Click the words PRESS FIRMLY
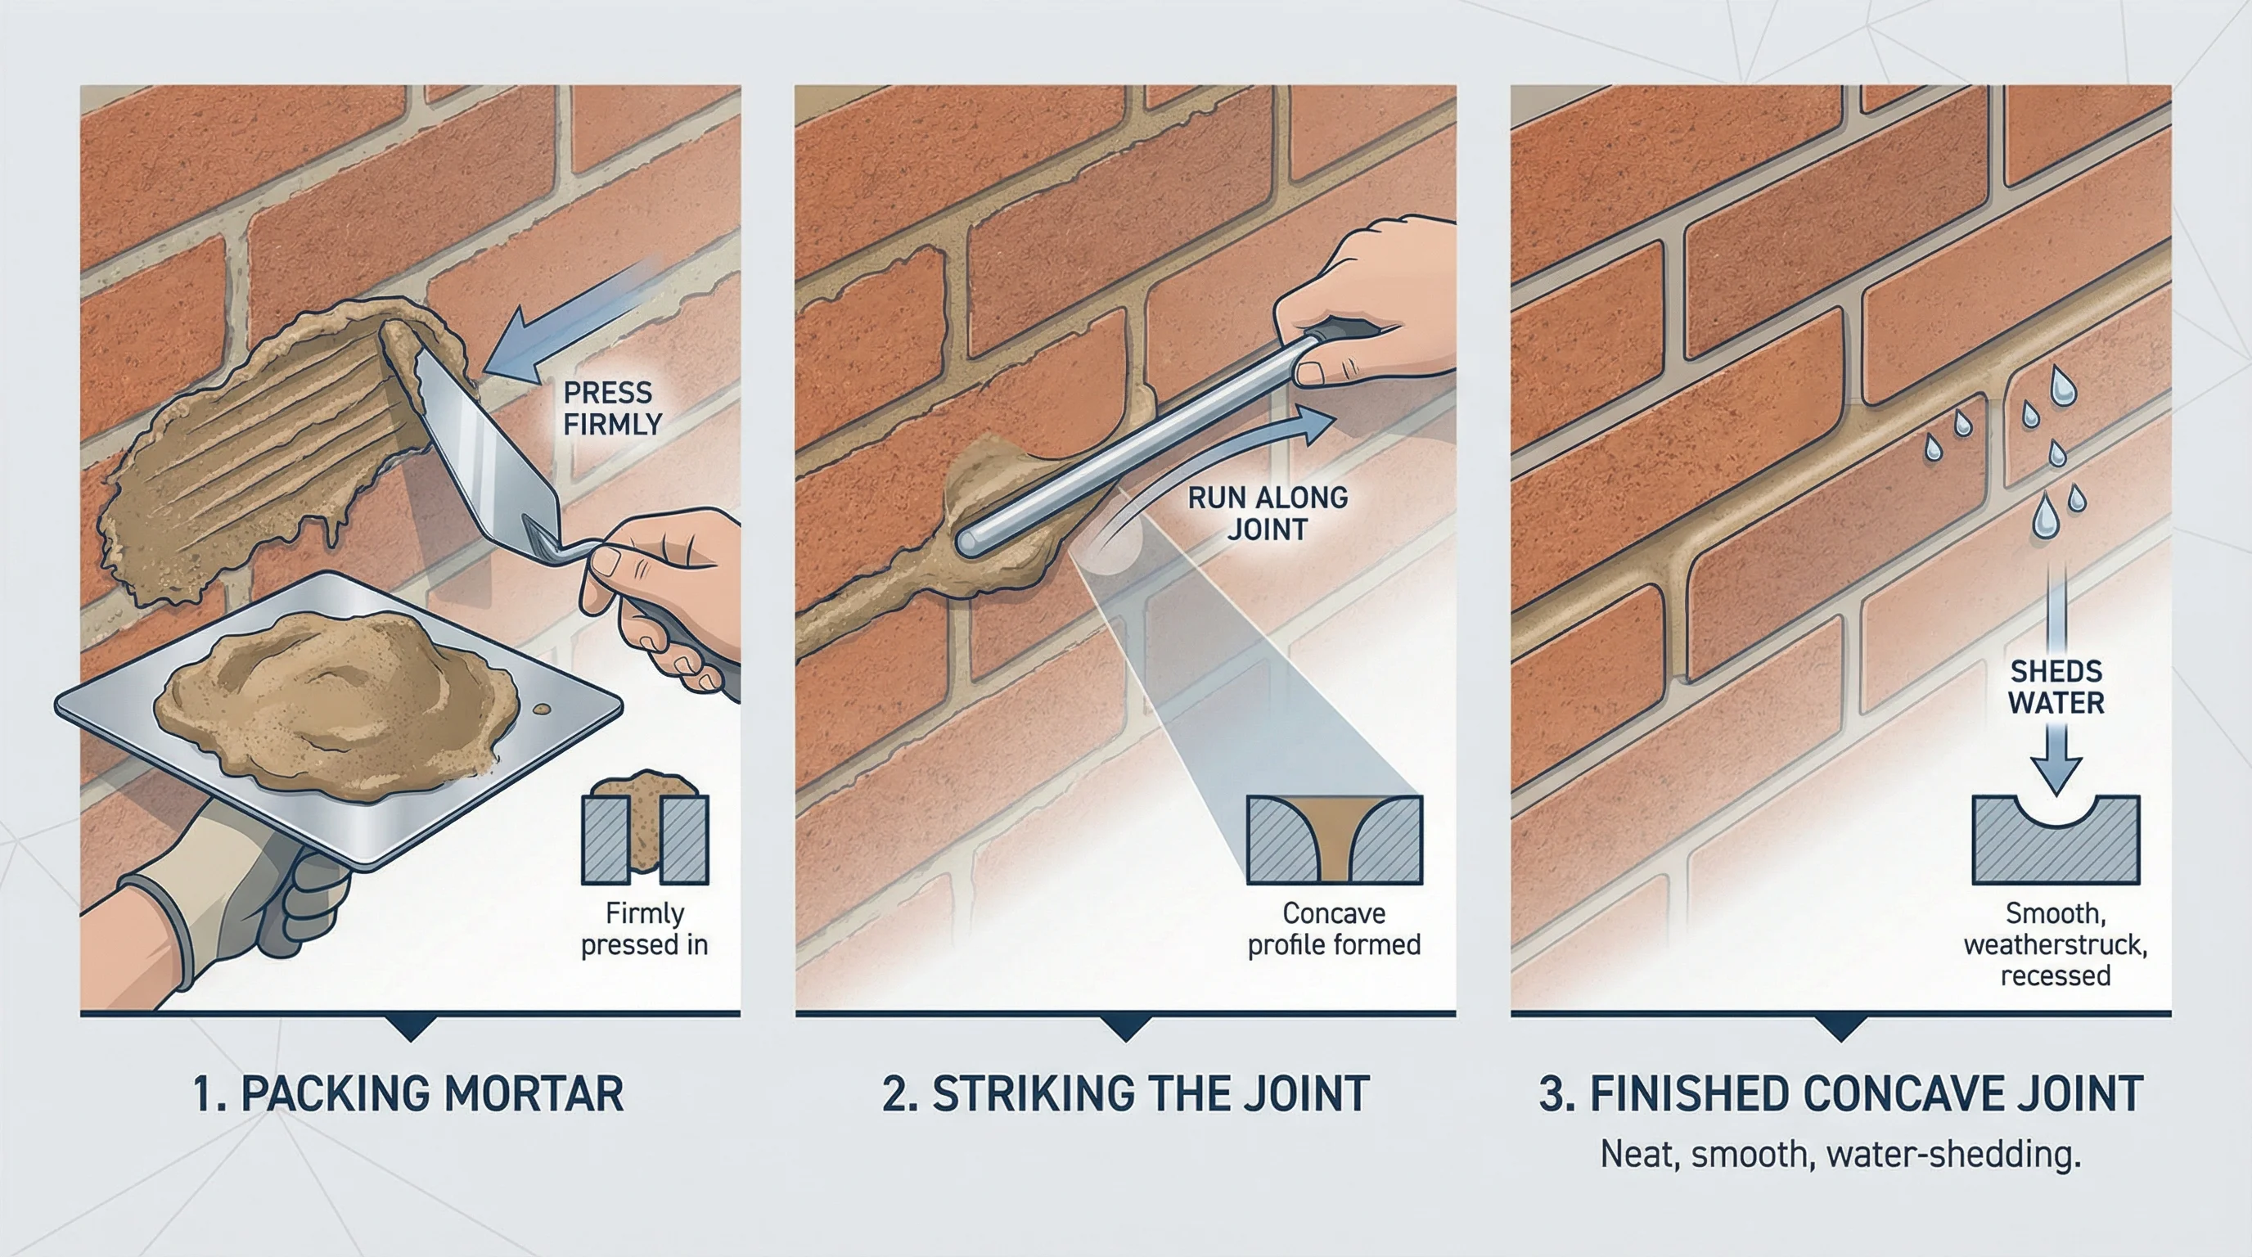(x=611, y=408)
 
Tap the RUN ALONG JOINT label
(x=1267, y=513)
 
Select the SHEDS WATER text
(x=2056, y=687)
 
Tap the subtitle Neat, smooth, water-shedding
(x=1840, y=1155)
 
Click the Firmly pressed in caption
(x=644, y=929)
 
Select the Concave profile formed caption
(x=1333, y=929)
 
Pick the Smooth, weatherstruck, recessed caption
(x=2056, y=945)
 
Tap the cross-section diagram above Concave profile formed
(x=1334, y=838)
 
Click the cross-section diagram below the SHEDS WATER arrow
(x=2056, y=839)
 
